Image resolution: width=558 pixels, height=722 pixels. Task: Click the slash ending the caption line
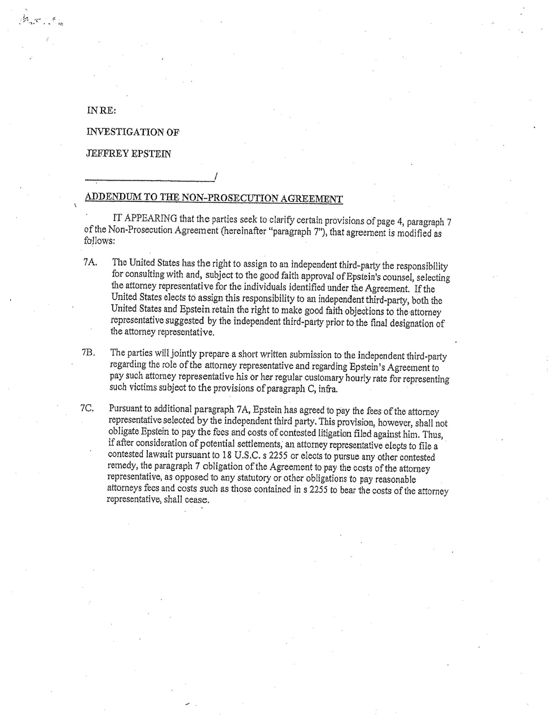coord(216,177)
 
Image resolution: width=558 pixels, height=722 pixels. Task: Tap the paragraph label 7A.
coord(90,263)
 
